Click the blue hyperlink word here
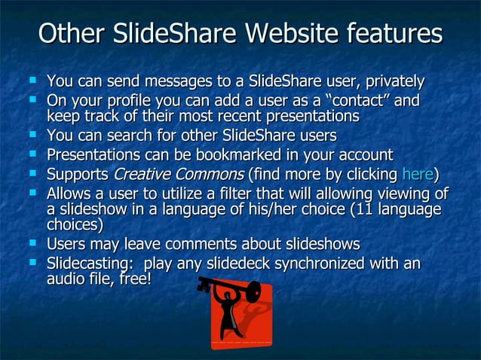[418, 175]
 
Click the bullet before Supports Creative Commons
[32, 173]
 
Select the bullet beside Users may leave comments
[32, 243]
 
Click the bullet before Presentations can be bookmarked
[32, 154]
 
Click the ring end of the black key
[253, 291]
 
